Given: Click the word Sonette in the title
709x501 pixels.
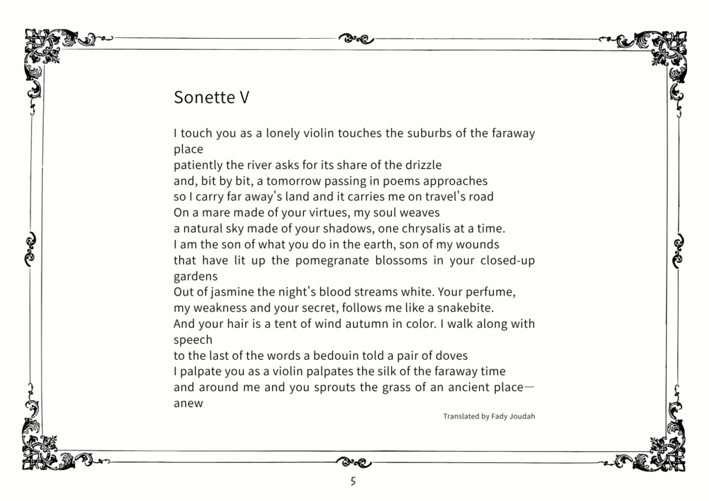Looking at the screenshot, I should pyautogui.click(x=204, y=98).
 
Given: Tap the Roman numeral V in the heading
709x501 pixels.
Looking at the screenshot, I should pyautogui.click(x=244, y=98).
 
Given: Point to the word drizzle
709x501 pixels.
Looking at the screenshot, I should pyautogui.click(x=418, y=165).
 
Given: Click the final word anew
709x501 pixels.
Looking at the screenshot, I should pyautogui.click(x=188, y=403).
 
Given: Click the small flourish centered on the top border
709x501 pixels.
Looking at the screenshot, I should pyautogui.click(x=354, y=37).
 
